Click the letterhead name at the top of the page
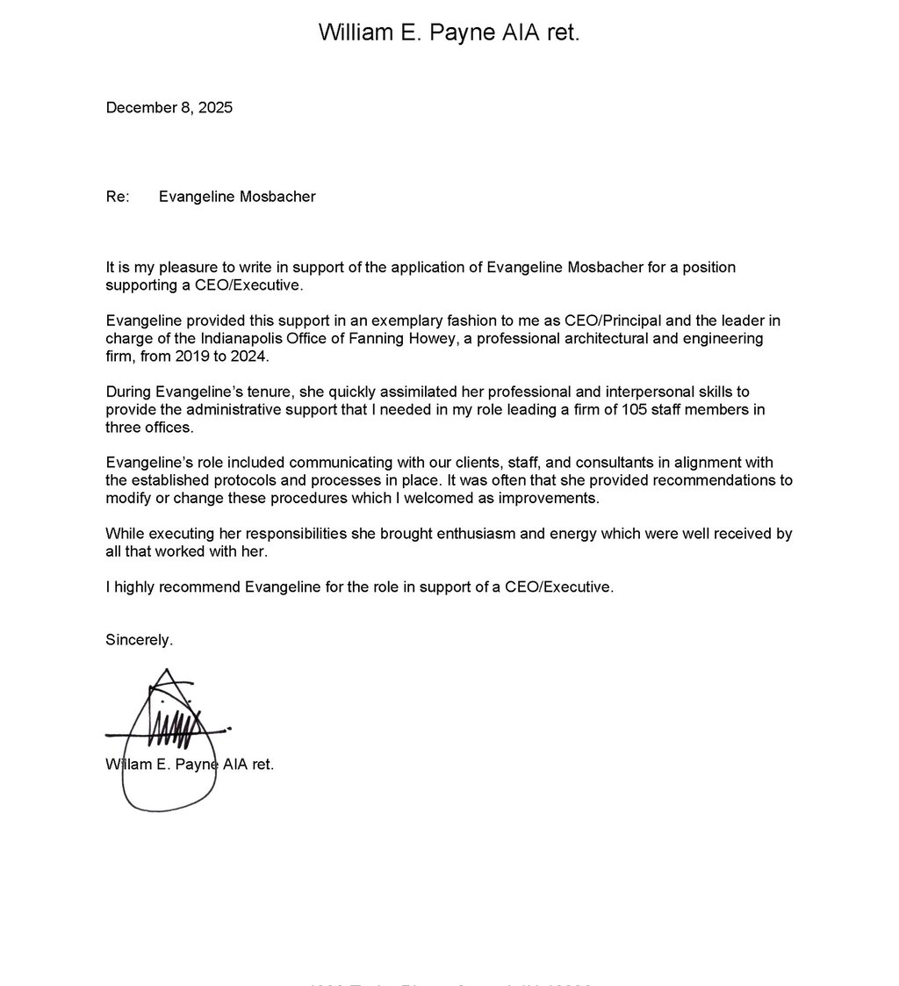click(x=449, y=33)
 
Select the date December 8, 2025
click(x=169, y=108)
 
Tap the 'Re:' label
click(x=117, y=197)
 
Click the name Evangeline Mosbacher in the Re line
click(x=237, y=197)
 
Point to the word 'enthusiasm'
click(x=451, y=534)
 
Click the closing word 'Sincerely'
click(x=138, y=640)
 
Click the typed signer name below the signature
click(x=190, y=765)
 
